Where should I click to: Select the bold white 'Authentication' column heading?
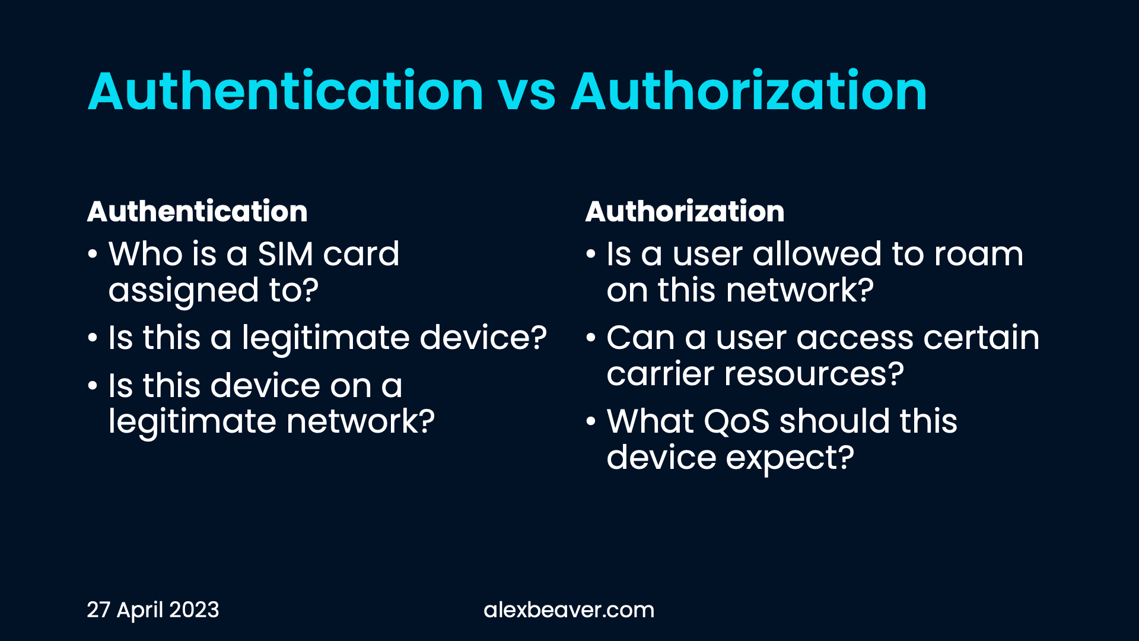tap(197, 211)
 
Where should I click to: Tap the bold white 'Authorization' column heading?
tap(685, 211)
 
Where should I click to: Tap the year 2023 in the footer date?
tap(194, 610)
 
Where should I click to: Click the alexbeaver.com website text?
tap(569, 610)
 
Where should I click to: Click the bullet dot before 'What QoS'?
tap(590, 422)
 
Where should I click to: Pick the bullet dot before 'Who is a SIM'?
tap(92, 255)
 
